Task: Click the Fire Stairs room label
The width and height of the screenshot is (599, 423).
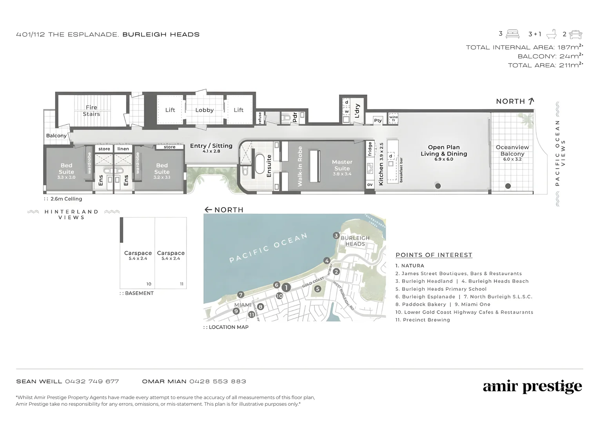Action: [x=91, y=111]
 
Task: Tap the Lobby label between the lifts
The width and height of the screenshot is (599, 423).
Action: [x=204, y=110]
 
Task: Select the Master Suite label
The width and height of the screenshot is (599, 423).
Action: [x=342, y=165]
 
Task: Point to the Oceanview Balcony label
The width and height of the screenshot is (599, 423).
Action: [x=512, y=151]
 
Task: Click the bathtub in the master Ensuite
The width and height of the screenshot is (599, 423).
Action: [x=260, y=164]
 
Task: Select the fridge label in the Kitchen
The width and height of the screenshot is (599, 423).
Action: [x=370, y=149]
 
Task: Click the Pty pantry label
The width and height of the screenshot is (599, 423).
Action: [x=378, y=120]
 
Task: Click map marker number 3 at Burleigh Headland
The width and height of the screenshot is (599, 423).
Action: [x=336, y=235]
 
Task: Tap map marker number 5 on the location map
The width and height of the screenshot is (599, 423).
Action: [x=318, y=289]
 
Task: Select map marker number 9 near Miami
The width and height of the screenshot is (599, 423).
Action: [x=236, y=311]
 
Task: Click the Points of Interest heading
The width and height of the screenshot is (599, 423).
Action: [x=434, y=255]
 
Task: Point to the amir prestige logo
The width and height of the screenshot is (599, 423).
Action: [x=532, y=387]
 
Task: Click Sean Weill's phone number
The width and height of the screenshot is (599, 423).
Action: [x=92, y=381]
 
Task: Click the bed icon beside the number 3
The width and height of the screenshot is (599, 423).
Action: [x=512, y=34]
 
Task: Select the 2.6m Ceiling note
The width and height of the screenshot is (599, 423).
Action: [x=66, y=199]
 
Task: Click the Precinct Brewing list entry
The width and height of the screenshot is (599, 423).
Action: [x=423, y=320]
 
